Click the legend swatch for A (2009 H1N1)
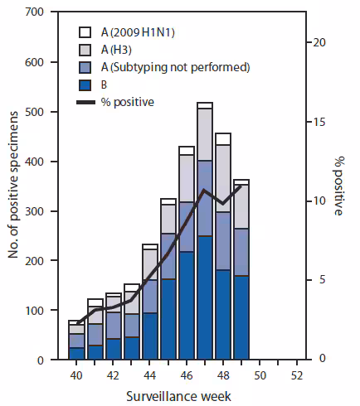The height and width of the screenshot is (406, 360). pos(85,32)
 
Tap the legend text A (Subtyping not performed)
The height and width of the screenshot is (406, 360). pos(165,67)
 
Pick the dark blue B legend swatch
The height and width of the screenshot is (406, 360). pos(85,85)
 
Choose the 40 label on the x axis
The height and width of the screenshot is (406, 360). pos(76,375)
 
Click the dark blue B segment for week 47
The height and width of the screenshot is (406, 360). pos(205,298)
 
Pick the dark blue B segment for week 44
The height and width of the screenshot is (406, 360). pos(150,336)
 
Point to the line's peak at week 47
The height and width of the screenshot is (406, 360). pos(205,191)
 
